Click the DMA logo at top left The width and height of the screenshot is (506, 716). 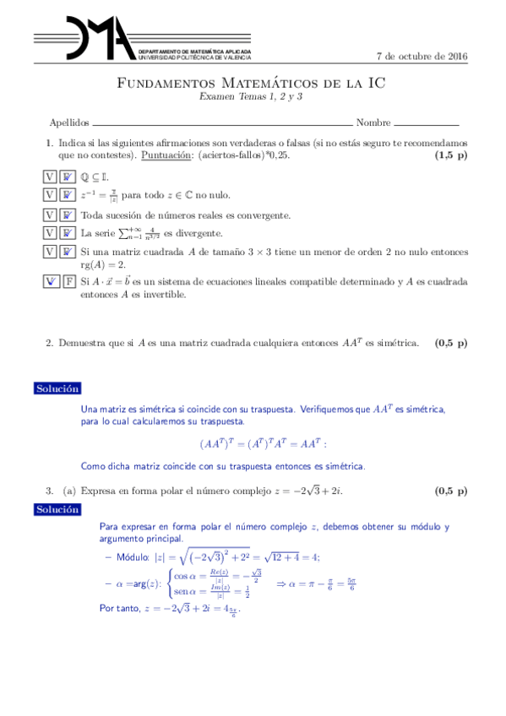[84, 41]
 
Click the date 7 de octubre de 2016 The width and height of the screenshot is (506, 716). [421, 57]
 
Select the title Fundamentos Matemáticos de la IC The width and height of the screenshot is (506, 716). [252, 84]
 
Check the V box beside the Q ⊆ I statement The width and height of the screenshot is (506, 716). [51, 177]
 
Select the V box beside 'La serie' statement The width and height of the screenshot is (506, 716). [51, 233]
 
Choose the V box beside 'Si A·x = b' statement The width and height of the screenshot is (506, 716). [51, 282]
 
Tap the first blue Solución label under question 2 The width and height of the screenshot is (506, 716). [57, 388]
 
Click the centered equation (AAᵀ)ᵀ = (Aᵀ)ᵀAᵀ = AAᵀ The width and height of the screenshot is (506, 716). [263, 442]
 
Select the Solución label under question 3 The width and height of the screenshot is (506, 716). [57, 509]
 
